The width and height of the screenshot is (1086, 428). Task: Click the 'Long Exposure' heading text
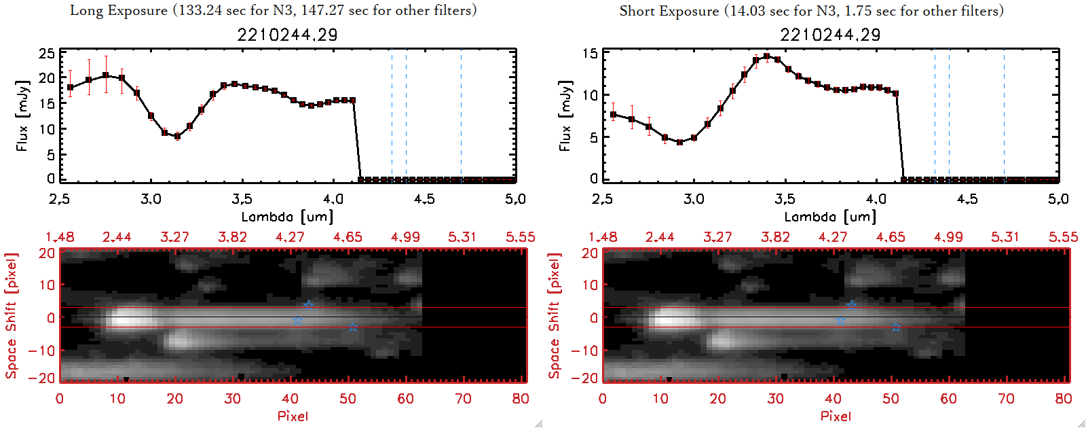119,10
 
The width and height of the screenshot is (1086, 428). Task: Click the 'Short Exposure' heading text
669,11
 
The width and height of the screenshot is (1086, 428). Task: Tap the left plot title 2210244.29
287,35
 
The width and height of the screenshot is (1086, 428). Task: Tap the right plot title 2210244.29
830,35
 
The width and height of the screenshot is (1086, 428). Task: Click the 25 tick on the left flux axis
47,54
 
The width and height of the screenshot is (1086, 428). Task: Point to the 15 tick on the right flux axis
590,54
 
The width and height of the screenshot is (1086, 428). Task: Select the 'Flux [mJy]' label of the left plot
23,115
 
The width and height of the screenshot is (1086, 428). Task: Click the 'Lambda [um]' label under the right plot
830,217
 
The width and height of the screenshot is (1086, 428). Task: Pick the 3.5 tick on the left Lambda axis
242,199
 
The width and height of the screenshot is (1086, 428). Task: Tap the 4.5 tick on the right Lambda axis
967,199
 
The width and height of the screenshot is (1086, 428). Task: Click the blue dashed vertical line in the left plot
406,115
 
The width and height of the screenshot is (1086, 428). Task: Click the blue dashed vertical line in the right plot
949,115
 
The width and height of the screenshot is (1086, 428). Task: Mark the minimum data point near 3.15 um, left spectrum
177,137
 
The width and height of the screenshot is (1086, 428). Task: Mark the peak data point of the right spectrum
767,56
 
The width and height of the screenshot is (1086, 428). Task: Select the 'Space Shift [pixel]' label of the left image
11,316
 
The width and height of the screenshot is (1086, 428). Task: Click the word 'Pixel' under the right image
836,416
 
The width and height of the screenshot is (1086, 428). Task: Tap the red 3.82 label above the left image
232,237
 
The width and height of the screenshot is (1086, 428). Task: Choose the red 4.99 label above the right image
948,237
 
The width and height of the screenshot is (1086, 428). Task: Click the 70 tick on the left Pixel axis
463,399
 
